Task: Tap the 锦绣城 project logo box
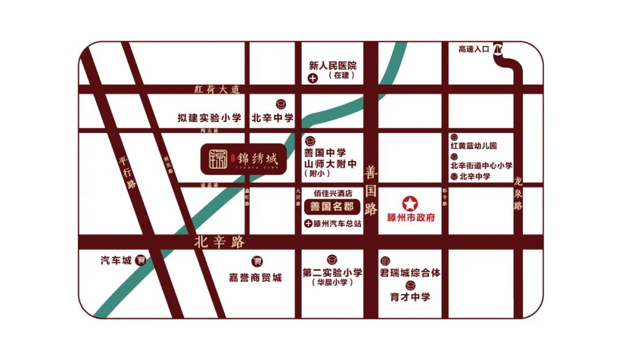tap(244, 158)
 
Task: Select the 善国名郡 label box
tap(332, 207)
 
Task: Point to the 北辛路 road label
tap(219, 242)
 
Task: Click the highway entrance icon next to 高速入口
tap(499, 50)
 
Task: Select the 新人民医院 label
tap(333, 65)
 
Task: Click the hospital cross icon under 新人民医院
tap(312, 78)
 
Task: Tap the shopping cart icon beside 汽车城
tap(141, 260)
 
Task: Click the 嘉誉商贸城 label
tap(256, 278)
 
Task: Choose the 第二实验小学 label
tap(332, 272)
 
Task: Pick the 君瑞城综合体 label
tap(410, 272)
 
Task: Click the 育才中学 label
tap(410, 297)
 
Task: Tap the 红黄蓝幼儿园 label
tap(473, 146)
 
